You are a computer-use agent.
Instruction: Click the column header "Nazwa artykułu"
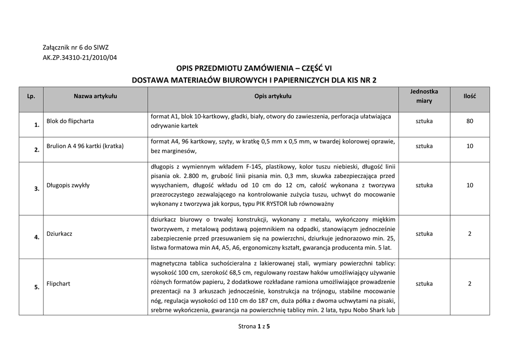pyautogui.click(x=95, y=96)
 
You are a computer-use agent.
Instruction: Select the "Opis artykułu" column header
pyautogui.click(x=273, y=96)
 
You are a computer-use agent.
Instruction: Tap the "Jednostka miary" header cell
pyautogui.click(x=424, y=96)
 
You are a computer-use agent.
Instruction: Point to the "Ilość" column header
pyautogui.click(x=469, y=96)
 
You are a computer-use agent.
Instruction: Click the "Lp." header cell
pyautogui.click(x=31, y=96)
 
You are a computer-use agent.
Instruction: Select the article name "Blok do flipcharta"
pyautogui.click(x=70, y=121)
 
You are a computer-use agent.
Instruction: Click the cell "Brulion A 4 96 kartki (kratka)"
pyautogui.click(x=85, y=146)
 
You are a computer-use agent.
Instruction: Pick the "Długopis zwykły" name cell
pyautogui.click(x=68, y=185)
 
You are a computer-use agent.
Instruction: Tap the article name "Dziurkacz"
pyautogui.click(x=59, y=233)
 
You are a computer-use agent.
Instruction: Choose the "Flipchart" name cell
pyautogui.click(x=58, y=283)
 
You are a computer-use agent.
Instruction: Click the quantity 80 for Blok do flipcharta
pyautogui.click(x=469, y=121)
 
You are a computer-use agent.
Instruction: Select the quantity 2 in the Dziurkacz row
pyautogui.click(x=469, y=233)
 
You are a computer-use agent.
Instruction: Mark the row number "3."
pyautogui.click(x=37, y=189)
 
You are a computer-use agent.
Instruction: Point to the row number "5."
pyautogui.click(x=37, y=287)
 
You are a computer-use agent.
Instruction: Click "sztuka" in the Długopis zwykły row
pyautogui.click(x=424, y=185)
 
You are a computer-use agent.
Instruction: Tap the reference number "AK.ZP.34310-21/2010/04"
pyautogui.click(x=80, y=57)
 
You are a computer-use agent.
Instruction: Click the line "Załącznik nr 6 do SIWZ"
pyautogui.click(x=76, y=48)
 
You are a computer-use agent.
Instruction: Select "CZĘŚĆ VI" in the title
pyautogui.click(x=317, y=69)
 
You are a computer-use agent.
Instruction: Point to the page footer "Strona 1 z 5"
pyautogui.click(x=254, y=327)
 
